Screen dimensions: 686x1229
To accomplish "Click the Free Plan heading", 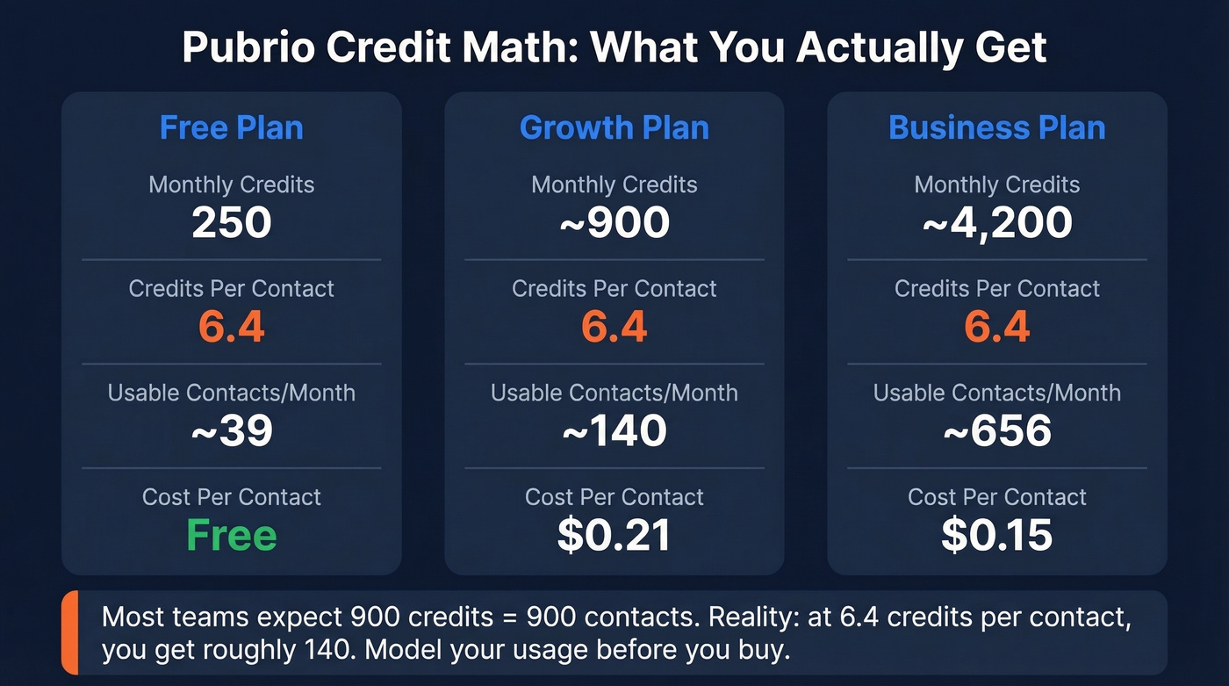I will pos(232,128).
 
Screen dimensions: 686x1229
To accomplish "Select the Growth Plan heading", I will pos(614,128).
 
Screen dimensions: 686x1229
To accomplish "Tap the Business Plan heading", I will pos(997,128).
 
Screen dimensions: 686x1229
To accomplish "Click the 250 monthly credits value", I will pos(232,223).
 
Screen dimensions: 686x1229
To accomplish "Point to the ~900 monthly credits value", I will pos(614,223).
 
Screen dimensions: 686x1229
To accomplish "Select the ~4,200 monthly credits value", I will pos(997,223).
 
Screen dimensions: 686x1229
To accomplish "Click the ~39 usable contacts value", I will pos(232,431).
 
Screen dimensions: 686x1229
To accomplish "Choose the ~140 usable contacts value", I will pos(614,431).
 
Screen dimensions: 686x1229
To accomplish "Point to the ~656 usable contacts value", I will pos(997,431).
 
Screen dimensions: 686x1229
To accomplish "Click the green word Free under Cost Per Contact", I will pos(232,535).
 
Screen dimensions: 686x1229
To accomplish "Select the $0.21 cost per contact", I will pos(614,535).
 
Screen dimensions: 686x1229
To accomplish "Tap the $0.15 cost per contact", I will pos(997,535).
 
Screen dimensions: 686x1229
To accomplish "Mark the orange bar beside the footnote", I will pos(69,632).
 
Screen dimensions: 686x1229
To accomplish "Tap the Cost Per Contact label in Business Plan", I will pos(997,497).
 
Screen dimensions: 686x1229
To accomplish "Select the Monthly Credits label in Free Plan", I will pos(232,184).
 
